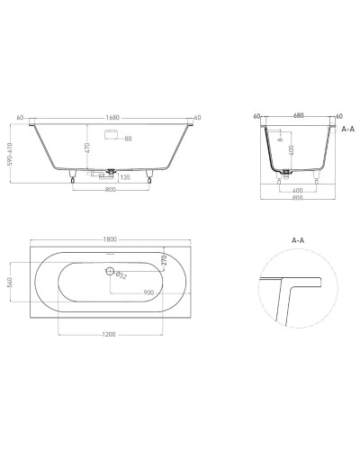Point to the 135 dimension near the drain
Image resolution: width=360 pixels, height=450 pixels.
tap(127, 177)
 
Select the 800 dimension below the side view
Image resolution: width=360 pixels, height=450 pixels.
tap(109, 191)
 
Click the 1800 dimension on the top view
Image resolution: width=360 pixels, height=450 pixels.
tap(109, 239)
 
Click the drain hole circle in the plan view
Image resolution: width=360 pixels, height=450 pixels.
tap(110, 271)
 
